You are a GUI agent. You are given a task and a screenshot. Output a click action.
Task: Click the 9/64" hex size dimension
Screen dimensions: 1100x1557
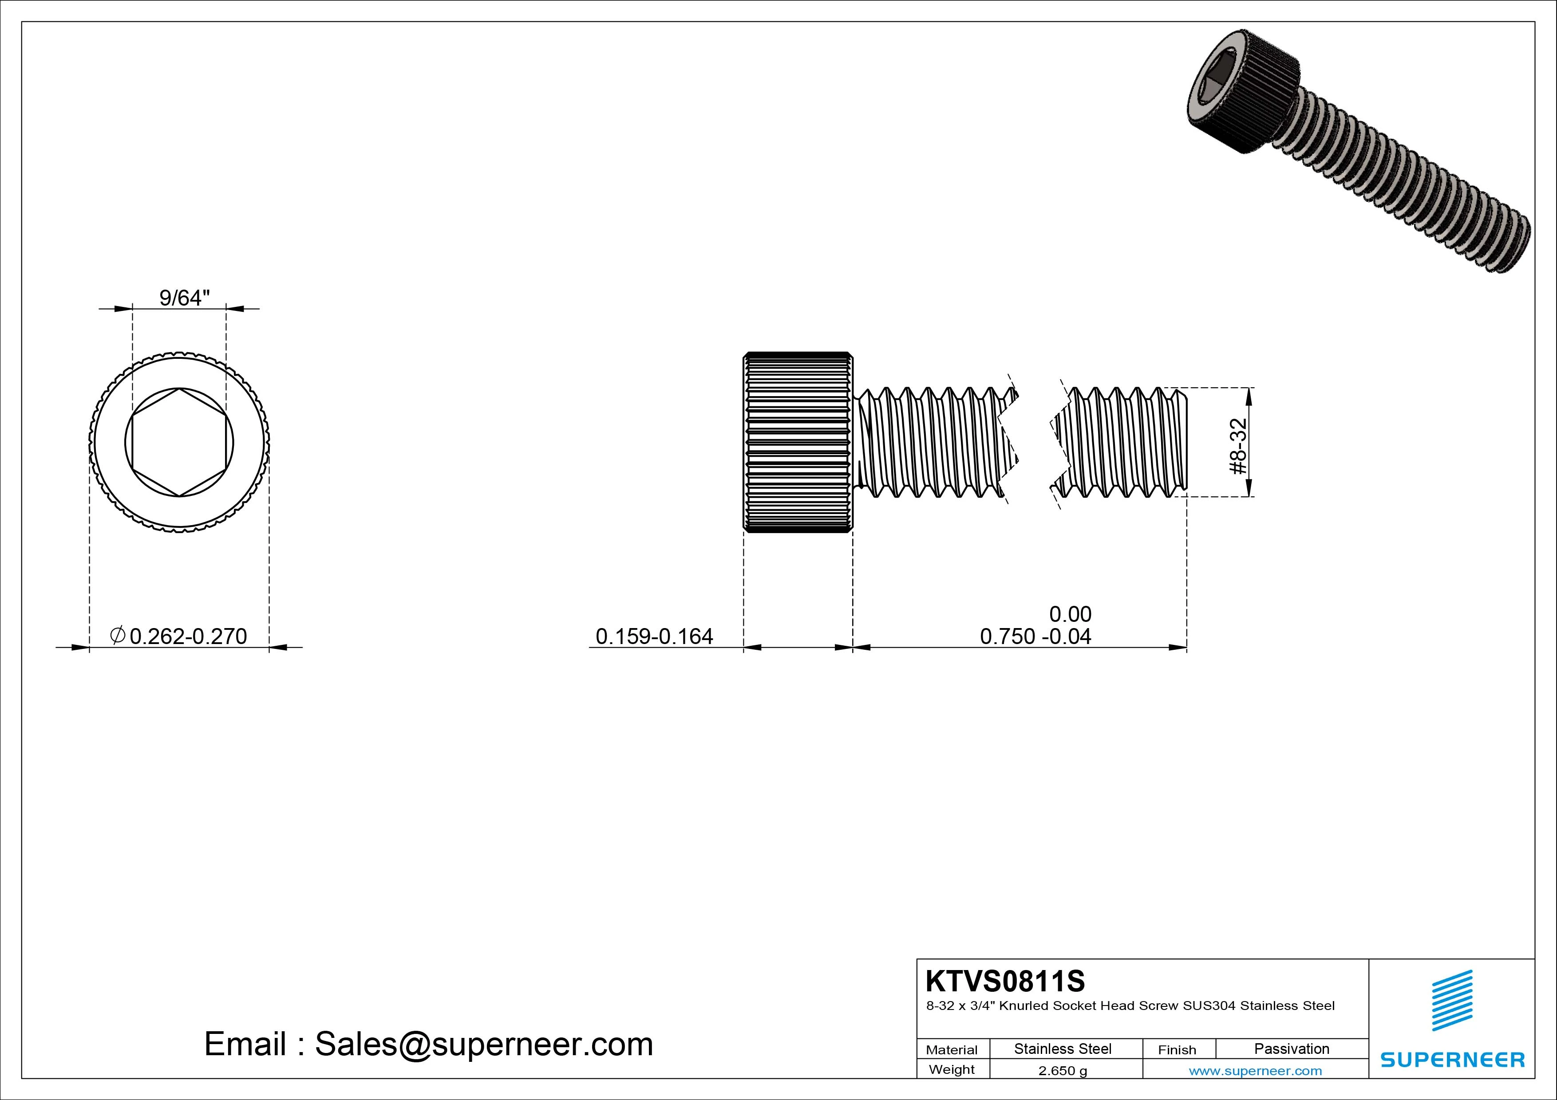click(x=184, y=298)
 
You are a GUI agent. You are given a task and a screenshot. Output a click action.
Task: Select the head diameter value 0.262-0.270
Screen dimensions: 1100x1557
click(x=188, y=636)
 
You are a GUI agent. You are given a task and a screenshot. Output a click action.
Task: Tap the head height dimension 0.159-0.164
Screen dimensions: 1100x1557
click(x=654, y=636)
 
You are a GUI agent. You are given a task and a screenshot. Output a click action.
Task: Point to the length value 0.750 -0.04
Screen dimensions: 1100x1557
click(x=1035, y=636)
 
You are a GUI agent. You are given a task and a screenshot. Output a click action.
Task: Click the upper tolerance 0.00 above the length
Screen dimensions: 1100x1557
click(x=1070, y=614)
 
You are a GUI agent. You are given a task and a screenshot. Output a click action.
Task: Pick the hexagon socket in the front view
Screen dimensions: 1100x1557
click(x=179, y=443)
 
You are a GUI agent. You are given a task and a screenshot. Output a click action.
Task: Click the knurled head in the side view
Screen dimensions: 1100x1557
click(x=798, y=443)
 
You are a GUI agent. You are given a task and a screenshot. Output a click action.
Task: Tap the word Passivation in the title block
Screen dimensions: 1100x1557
click(x=1291, y=1049)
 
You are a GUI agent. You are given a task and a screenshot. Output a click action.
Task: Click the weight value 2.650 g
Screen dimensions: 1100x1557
click(x=1063, y=1071)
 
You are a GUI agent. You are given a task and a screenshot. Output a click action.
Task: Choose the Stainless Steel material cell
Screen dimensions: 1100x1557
click(x=1063, y=1049)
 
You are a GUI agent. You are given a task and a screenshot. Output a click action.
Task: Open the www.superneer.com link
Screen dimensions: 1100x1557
click(x=1255, y=1071)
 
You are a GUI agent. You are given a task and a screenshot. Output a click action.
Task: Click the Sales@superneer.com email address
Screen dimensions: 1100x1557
click(x=483, y=1045)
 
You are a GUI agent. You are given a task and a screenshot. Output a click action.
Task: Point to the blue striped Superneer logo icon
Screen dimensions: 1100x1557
click(x=1452, y=1000)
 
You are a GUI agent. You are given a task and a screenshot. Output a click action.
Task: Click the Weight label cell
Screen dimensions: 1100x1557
click(x=952, y=1069)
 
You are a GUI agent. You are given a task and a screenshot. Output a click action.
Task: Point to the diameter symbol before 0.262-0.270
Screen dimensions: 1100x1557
click(x=117, y=635)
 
